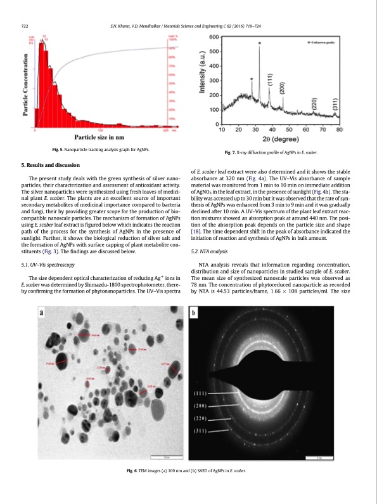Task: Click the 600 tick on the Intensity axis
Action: click(x=213, y=37)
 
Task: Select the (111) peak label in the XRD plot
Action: click(x=270, y=81)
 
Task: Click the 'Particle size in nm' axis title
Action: click(x=99, y=137)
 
